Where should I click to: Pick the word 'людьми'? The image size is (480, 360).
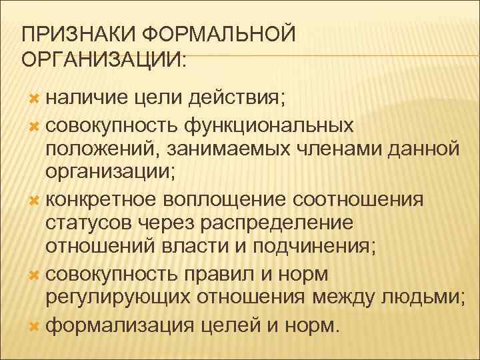pyautogui.click(x=423, y=298)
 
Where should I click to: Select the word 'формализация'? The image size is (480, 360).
pyautogui.click(x=117, y=323)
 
